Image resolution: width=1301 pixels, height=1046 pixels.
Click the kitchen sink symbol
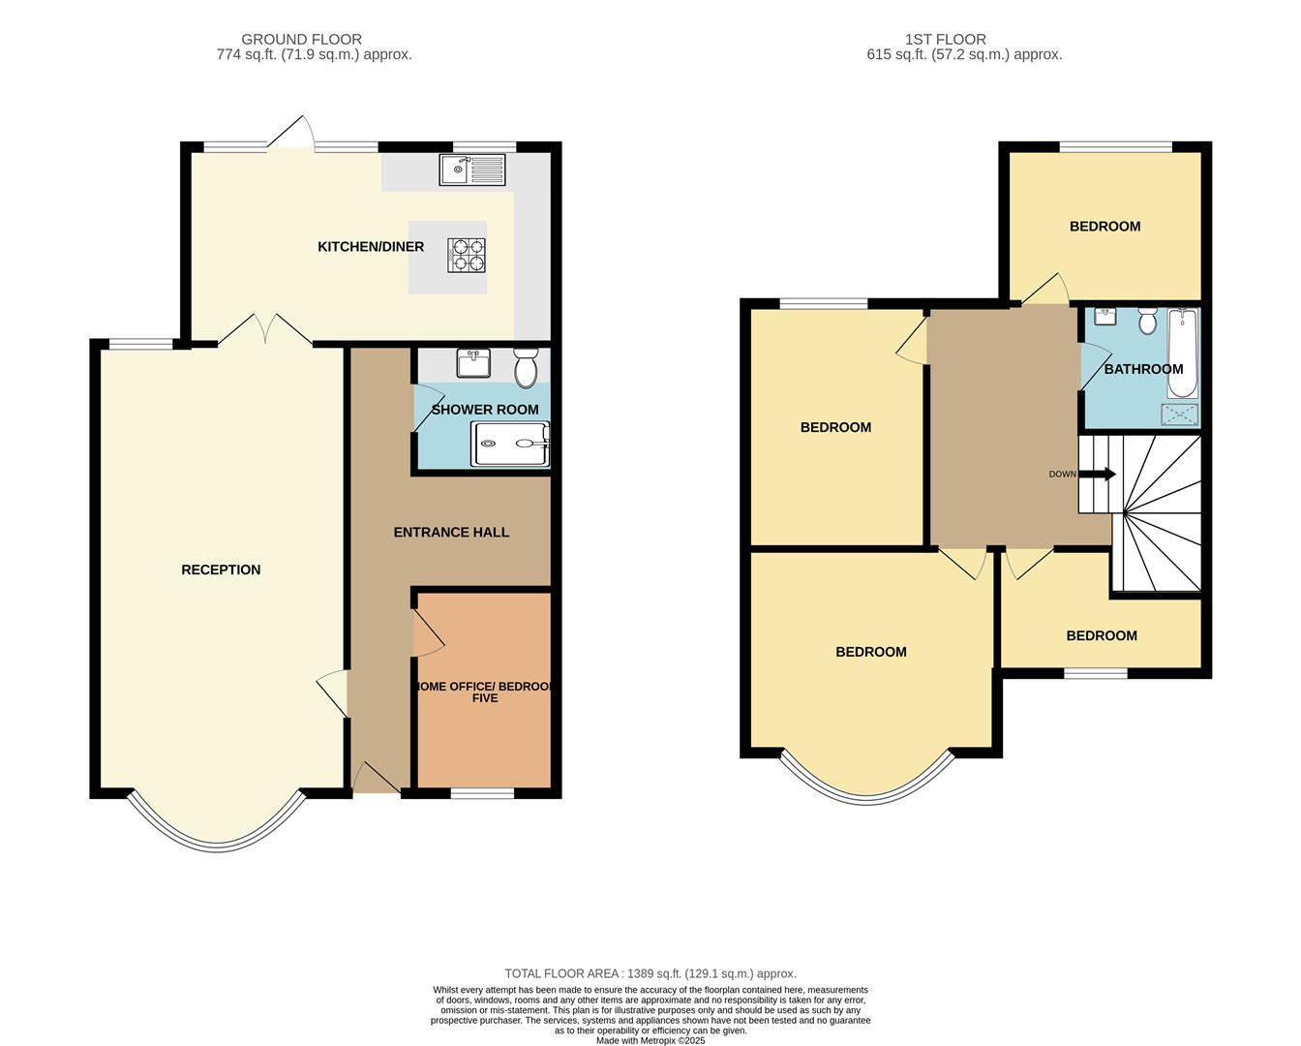472,169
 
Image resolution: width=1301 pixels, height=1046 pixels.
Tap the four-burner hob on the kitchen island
466,255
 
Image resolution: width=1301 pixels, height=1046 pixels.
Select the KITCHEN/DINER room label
371,247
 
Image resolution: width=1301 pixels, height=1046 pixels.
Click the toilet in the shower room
526,367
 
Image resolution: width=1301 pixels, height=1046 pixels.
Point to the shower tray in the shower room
510,444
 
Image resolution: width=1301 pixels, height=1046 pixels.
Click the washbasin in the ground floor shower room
473,363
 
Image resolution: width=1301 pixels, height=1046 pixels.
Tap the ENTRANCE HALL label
451,532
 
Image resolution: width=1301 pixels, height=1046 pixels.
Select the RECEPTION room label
221,569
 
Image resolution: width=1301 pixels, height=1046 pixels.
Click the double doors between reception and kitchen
265,330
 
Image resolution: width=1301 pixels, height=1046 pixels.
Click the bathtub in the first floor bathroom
1182,354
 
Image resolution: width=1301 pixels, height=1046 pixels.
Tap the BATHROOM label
1143,369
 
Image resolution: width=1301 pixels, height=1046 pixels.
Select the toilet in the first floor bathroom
1147,321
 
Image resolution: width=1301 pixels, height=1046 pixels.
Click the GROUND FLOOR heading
301,40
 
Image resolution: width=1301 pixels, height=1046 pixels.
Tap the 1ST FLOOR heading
945,40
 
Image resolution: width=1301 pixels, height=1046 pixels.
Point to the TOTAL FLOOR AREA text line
650,973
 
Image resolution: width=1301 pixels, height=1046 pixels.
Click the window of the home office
482,793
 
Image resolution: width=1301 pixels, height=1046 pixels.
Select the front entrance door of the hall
377,779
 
